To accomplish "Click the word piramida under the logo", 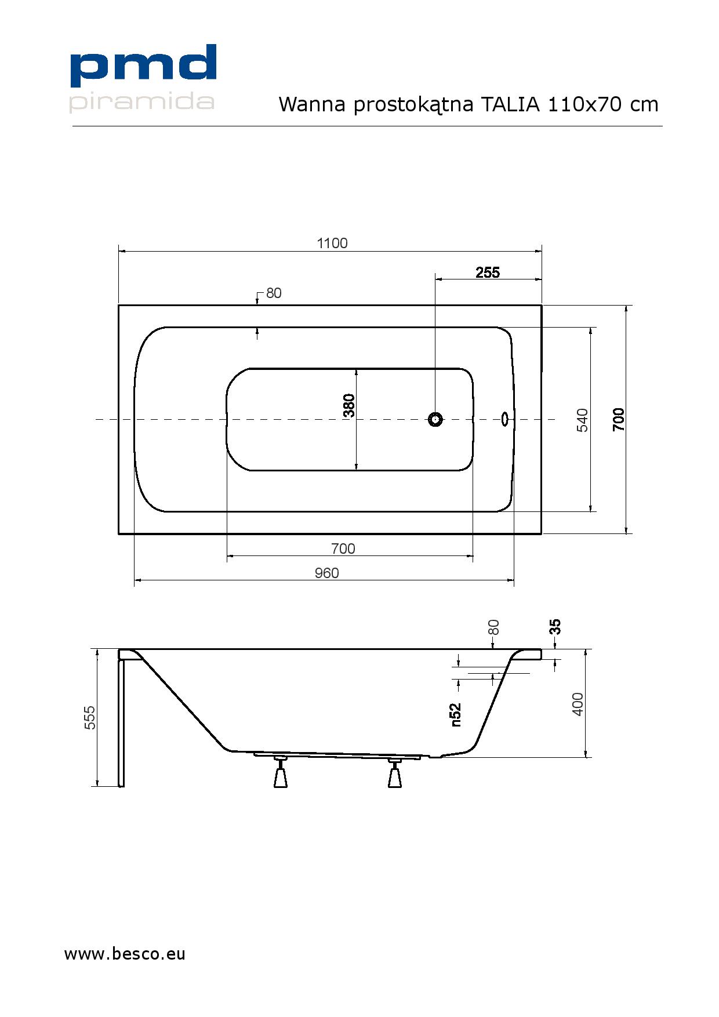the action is (x=142, y=101).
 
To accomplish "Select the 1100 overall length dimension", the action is (x=332, y=243).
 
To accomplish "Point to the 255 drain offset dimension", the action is (x=488, y=273).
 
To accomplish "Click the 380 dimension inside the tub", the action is (x=348, y=405).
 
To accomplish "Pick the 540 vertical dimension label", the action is (x=583, y=420).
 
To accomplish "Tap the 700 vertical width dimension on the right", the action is (x=619, y=419).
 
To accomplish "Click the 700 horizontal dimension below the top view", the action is (x=343, y=549).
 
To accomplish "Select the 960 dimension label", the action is (x=326, y=573).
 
